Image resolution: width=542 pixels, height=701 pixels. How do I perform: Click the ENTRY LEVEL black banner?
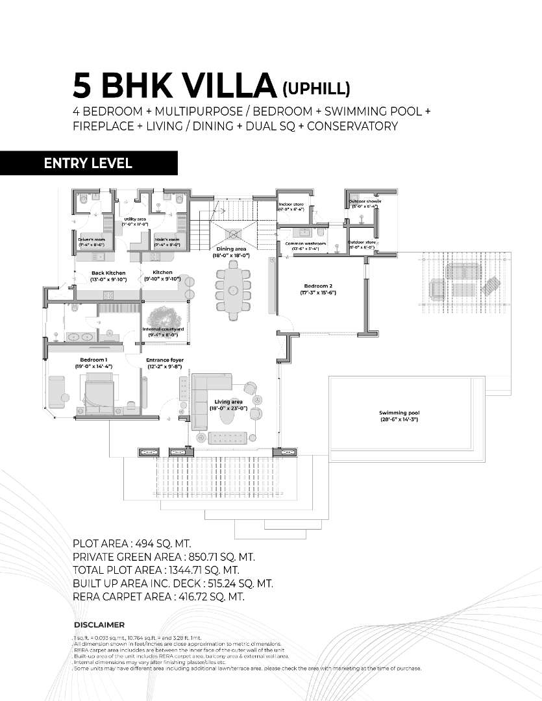pyautogui.click(x=88, y=163)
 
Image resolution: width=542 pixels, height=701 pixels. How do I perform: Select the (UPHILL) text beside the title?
pyautogui.click(x=317, y=88)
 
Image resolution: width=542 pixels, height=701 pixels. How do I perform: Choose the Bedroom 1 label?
pyautogui.click(x=93, y=360)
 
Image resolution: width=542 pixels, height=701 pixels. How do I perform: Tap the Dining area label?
pyautogui.click(x=231, y=249)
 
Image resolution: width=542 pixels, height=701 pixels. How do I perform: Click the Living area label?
pyautogui.click(x=228, y=402)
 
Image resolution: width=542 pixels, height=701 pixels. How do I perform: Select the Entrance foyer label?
pyautogui.click(x=165, y=360)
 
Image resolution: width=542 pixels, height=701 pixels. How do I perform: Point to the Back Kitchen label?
pyautogui.click(x=108, y=273)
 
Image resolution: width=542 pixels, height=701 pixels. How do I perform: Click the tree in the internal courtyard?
pyautogui.click(x=164, y=317)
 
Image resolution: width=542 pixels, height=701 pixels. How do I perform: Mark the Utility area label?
pyautogui.click(x=135, y=219)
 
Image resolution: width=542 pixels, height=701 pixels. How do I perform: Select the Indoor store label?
pyautogui.click(x=291, y=204)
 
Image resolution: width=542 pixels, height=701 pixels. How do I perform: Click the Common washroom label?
pyautogui.click(x=305, y=243)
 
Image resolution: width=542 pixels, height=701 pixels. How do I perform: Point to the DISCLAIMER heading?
pyautogui.click(x=99, y=624)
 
